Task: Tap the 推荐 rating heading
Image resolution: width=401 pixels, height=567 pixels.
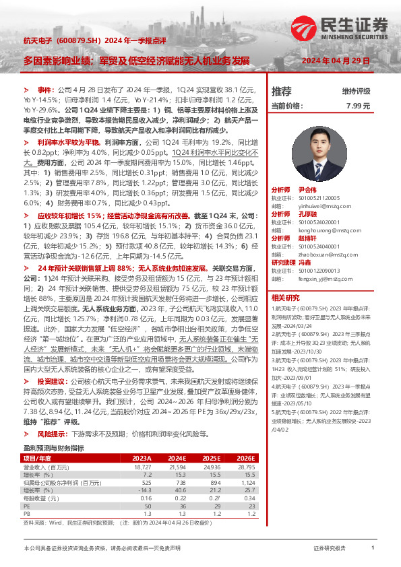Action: pyautogui.click(x=281, y=91)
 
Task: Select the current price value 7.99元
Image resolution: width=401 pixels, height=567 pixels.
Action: pyautogui.click(x=358, y=106)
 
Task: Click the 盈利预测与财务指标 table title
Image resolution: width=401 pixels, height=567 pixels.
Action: pyautogui.click(x=53, y=429)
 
